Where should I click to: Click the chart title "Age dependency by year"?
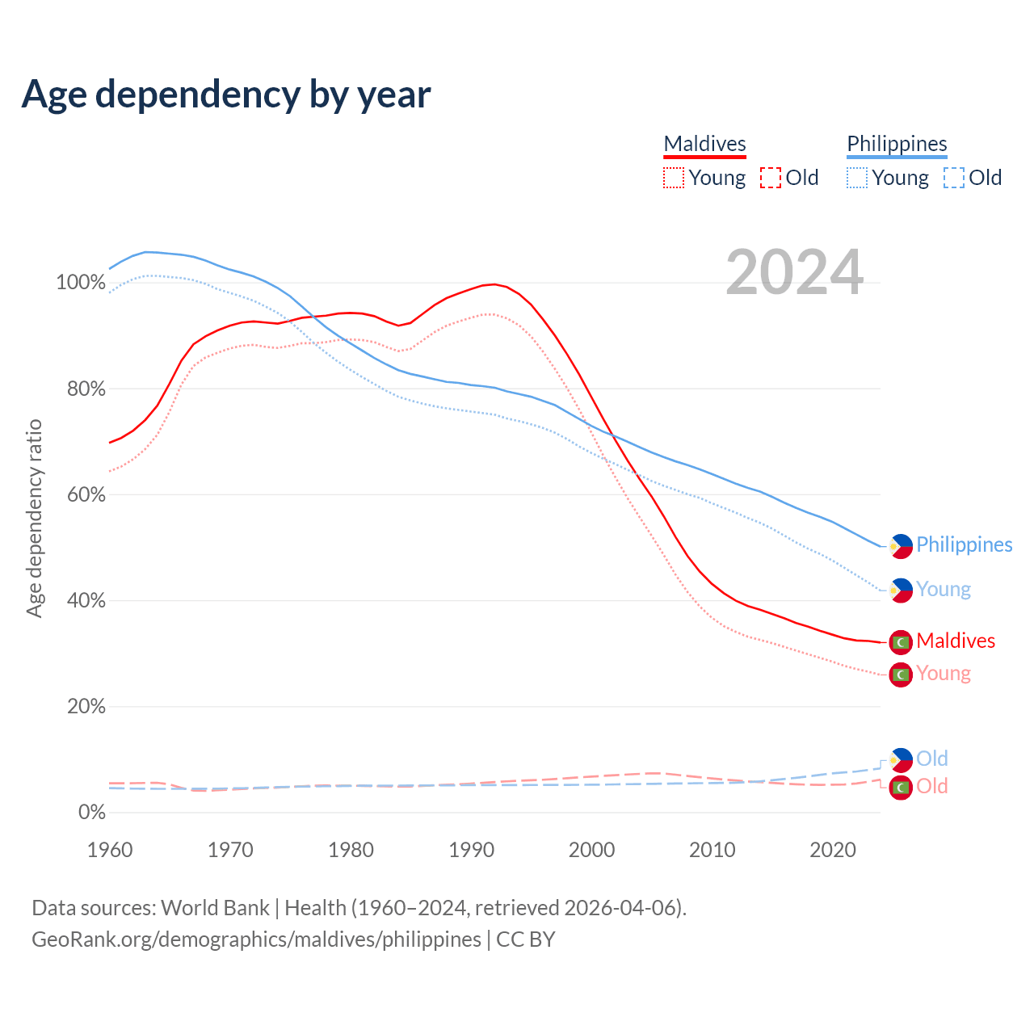tap(226, 95)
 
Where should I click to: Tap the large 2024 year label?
tap(795, 272)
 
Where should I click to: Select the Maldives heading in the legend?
tap(704, 144)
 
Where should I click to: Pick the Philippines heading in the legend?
tap(897, 144)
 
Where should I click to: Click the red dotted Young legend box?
tap(674, 178)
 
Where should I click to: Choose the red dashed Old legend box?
tap(771, 178)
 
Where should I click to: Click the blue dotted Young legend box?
tap(857, 178)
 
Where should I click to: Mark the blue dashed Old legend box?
tap(954, 178)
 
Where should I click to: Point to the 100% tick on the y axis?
tap(81, 283)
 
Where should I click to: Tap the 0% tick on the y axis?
tap(91, 813)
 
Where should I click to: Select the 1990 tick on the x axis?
tap(472, 850)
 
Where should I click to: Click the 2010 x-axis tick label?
tap(712, 850)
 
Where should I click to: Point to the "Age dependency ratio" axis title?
tap(34, 518)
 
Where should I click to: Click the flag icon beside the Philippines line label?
tap(901, 546)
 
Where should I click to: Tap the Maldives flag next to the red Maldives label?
tap(901, 642)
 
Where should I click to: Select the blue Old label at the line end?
tap(932, 759)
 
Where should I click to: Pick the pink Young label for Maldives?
tap(944, 674)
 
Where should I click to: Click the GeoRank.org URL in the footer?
tap(256, 939)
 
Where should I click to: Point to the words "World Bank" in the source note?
tap(215, 908)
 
